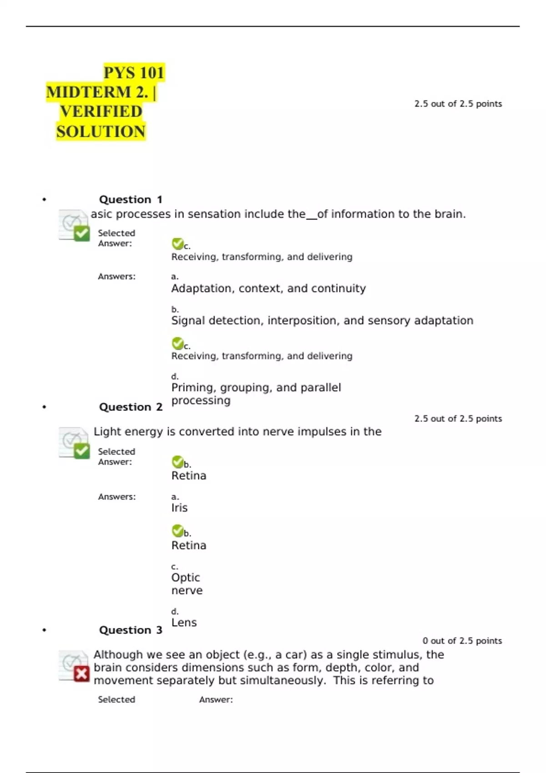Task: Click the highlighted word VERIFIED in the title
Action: (x=101, y=111)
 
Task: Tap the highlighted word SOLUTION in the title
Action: (x=101, y=131)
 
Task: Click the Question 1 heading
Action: (x=131, y=200)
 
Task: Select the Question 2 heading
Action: (x=131, y=407)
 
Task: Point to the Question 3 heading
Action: (x=131, y=630)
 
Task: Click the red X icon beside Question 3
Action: (x=81, y=673)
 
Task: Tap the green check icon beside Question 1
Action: (x=81, y=233)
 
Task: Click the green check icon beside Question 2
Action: (x=81, y=451)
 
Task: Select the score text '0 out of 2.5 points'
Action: (x=462, y=641)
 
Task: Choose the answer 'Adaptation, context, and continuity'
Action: (x=268, y=288)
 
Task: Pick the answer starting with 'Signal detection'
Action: (x=322, y=321)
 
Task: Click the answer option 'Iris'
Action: (x=179, y=507)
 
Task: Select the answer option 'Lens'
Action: (x=184, y=622)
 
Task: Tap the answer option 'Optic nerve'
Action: (x=187, y=584)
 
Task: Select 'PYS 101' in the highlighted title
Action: (x=134, y=73)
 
